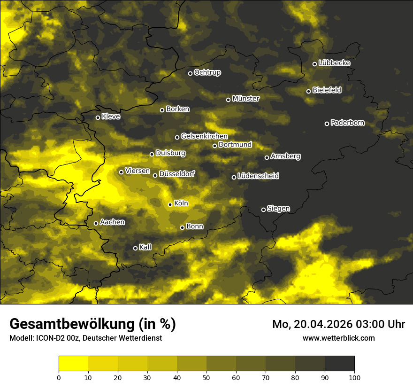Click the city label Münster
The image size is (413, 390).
pos(246,99)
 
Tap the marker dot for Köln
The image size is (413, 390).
pos(170,204)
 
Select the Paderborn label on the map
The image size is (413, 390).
pos(348,123)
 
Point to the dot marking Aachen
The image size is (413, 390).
pos(96,223)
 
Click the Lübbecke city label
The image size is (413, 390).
pos(334,63)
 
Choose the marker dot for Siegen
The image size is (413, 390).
pos(263,210)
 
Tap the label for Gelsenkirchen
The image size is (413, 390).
pos(204,136)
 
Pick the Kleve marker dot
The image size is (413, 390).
pos(98,117)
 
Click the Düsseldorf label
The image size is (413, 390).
pos(177,174)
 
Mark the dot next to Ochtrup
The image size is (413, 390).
pos(191,73)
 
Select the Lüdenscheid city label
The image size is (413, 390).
pos(259,176)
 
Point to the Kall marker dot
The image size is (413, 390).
pos(136,248)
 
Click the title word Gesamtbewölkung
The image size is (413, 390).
pos(71,324)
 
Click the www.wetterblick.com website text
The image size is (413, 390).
pos(338,338)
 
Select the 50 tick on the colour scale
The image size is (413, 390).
pos(206,377)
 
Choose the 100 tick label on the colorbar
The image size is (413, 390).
pos(354,377)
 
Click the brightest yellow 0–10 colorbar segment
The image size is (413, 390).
pos(74,363)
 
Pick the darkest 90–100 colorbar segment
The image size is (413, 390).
pos(339,363)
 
